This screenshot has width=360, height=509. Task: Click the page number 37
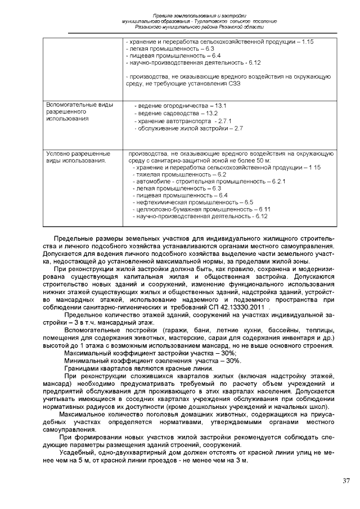pyautogui.click(x=345, y=481)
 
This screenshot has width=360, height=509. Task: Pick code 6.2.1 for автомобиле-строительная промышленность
pyautogui.click(x=278, y=182)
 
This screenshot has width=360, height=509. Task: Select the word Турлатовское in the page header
pyautogui.click(x=196, y=21)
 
